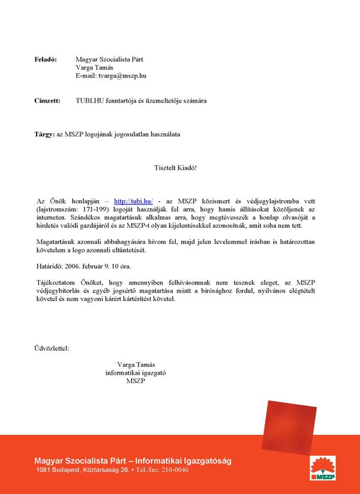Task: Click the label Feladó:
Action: click(46, 59)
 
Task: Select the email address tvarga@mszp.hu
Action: click(123, 76)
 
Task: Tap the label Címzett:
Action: click(47, 101)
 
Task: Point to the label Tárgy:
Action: click(44, 134)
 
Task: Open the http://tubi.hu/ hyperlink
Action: click(133, 201)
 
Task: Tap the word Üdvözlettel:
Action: click(52, 347)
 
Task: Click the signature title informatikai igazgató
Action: click(136, 372)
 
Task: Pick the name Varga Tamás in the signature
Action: click(136, 364)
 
